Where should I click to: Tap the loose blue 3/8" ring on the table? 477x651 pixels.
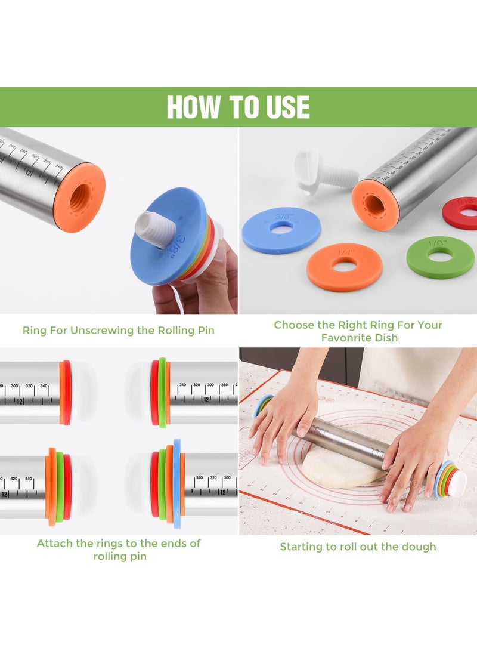pyautogui.click(x=281, y=230)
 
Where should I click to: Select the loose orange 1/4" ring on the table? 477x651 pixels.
pyautogui.click(x=344, y=267)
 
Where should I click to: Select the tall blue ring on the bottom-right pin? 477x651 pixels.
pyautogui.click(x=176, y=484)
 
